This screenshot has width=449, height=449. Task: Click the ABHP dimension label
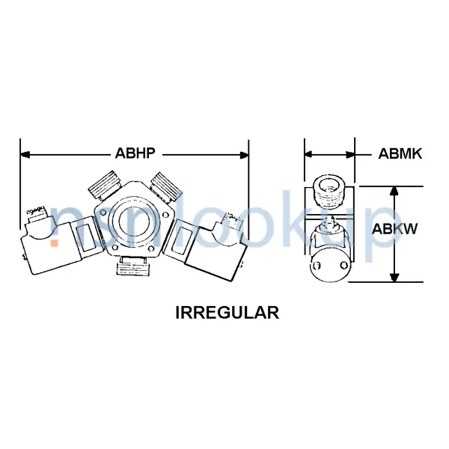click(x=135, y=155)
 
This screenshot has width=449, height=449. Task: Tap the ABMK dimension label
click(x=400, y=155)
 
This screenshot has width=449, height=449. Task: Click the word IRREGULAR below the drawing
click(x=227, y=313)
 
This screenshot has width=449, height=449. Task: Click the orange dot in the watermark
click(x=55, y=242)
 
